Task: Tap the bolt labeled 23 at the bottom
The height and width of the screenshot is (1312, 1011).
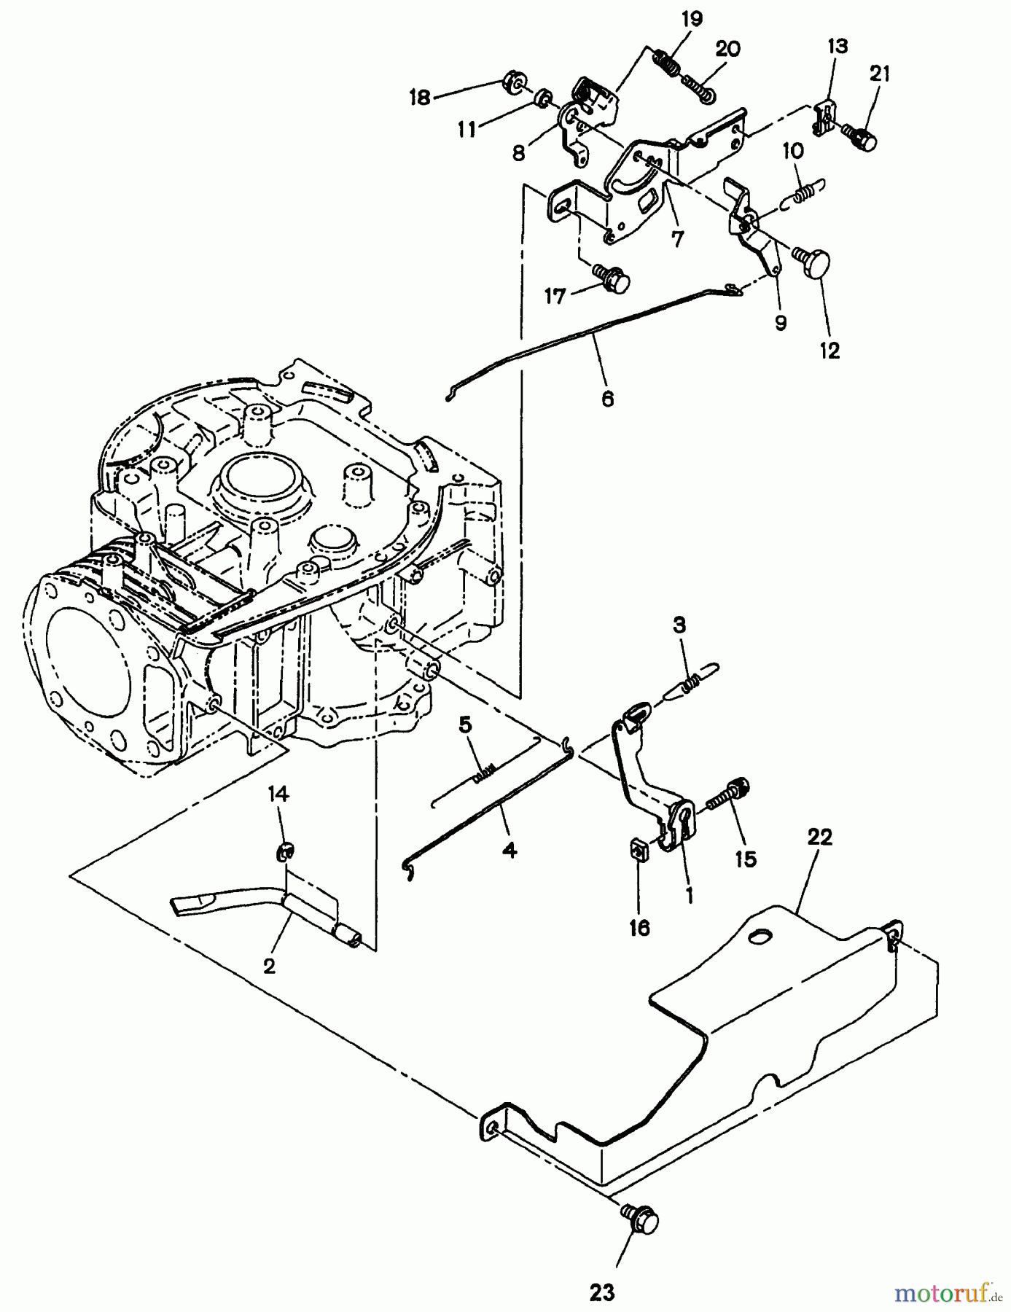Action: (x=639, y=1219)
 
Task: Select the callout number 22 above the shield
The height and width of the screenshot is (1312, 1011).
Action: (x=819, y=837)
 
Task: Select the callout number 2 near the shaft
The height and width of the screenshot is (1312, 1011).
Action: (x=269, y=967)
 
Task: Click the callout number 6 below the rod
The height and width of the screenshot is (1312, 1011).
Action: (x=607, y=399)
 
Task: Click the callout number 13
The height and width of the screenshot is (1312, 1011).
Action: (x=838, y=47)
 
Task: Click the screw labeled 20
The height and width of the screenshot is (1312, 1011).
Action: (x=699, y=87)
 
